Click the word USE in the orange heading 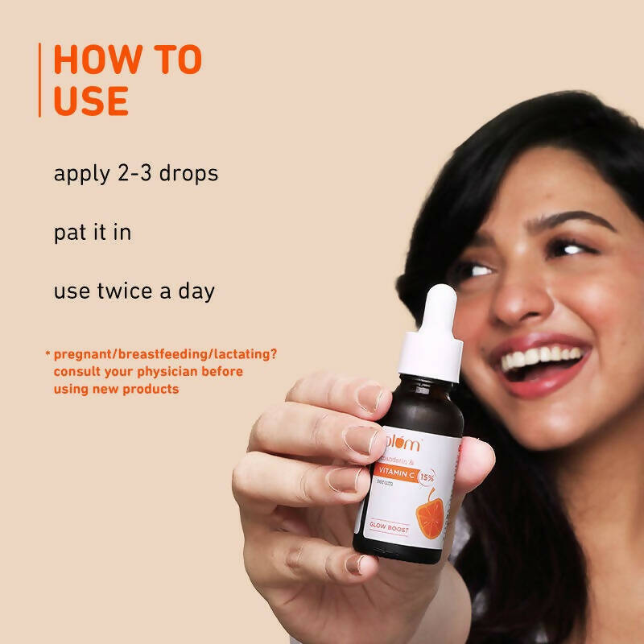tap(91, 101)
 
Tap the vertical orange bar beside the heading tap(39, 80)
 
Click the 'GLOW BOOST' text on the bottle tap(390, 529)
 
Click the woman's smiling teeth tap(541, 357)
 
